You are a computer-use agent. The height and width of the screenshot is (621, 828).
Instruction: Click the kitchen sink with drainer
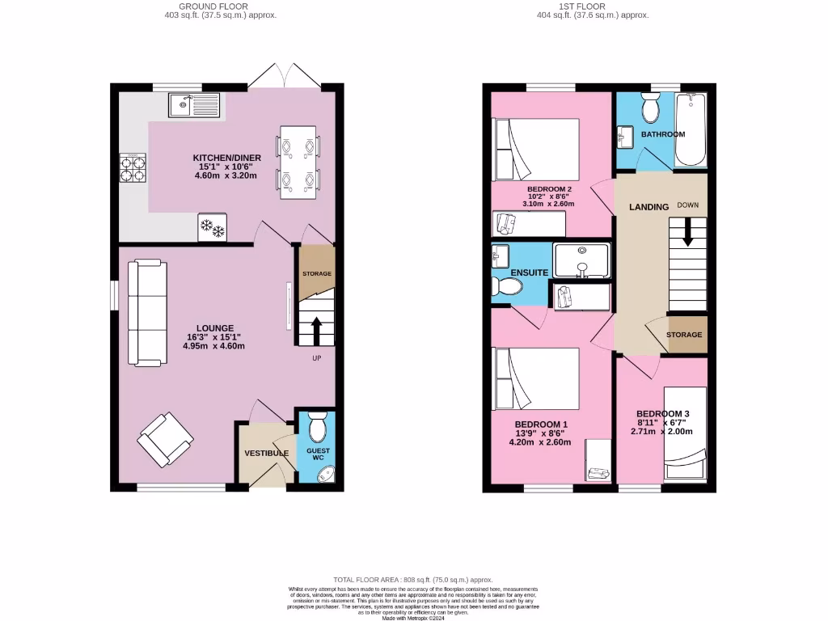(x=193, y=104)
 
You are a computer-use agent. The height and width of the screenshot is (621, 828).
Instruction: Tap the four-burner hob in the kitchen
(x=133, y=168)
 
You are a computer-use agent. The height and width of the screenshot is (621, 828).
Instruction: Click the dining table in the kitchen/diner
(x=297, y=162)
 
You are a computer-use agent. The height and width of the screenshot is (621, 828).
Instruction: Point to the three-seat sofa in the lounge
(x=147, y=311)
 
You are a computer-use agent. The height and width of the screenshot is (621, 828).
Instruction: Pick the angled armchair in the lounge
(x=166, y=439)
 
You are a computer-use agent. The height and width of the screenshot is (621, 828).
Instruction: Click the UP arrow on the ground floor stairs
(x=315, y=331)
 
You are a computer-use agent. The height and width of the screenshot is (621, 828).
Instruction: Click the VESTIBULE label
(x=266, y=453)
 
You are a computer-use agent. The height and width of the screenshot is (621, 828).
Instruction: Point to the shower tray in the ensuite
(x=581, y=260)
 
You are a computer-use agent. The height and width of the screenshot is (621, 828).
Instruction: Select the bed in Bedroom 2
(x=536, y=150)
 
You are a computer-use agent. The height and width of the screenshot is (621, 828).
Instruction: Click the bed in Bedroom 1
(x=536, y=378)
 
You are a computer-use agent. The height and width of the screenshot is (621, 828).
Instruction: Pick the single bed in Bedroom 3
(x=685, y=433)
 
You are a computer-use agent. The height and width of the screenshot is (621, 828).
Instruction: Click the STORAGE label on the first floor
(x=684, y=335)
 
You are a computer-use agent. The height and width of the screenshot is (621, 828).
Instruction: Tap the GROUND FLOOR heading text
(x=221, y=6)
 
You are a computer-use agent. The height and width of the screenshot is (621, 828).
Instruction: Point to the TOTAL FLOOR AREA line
(x=413, y=580)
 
